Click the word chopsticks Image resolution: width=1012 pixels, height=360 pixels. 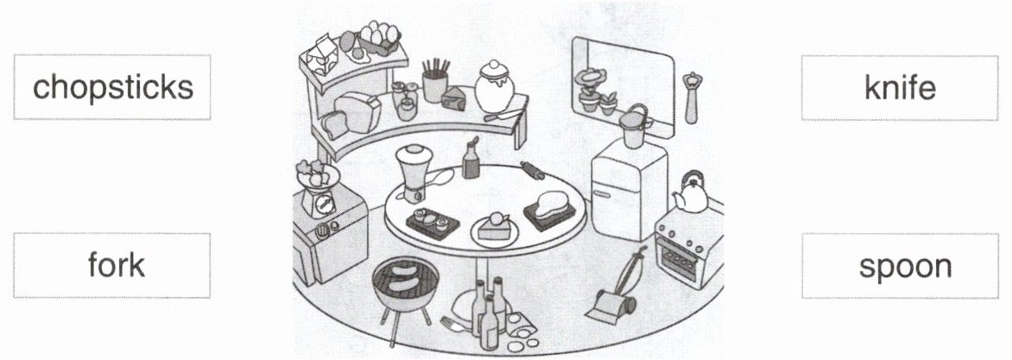[112, 87]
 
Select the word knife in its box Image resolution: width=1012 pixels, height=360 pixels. [899, 87]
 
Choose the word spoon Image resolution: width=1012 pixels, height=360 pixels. [905, 266]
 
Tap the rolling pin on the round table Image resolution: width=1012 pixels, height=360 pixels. [530, 172]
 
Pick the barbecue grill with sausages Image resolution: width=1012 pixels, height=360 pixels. [400, 285]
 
